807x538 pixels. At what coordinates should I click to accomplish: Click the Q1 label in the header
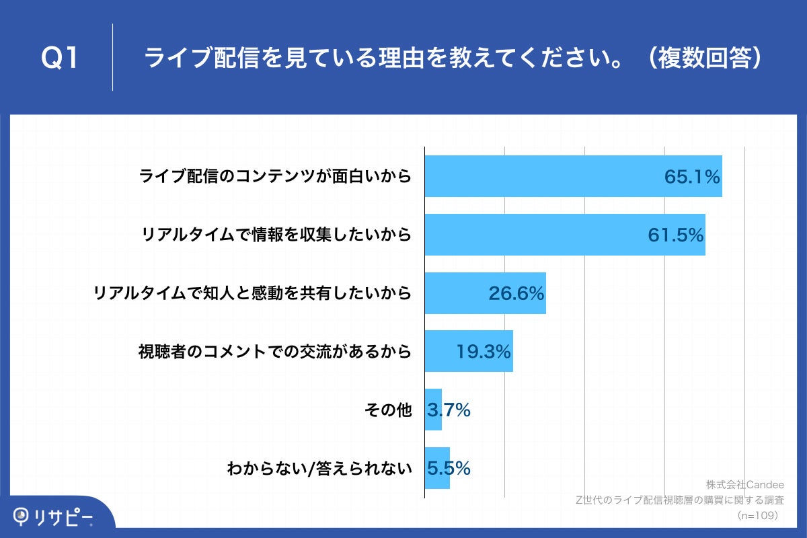(x=61, y=59)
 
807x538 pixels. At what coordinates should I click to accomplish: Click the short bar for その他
(x=433, y=410)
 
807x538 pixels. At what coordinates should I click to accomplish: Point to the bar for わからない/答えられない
(x=437, y=468)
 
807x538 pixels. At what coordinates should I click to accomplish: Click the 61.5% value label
(x=675, y=235)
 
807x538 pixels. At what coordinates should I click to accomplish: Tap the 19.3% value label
(x=484, y=351)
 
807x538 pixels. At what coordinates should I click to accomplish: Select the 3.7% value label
(x=449, y=410)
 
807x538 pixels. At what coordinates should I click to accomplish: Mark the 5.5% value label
(x=449, y=468)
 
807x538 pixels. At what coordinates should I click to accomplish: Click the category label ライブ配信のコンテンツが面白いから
(x=274, y=176)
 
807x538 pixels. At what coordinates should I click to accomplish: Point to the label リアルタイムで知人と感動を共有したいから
(x=252, y=293)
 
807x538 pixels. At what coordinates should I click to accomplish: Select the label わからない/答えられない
(x=319, y=468)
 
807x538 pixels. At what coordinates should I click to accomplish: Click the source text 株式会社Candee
(x=744, y=484)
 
